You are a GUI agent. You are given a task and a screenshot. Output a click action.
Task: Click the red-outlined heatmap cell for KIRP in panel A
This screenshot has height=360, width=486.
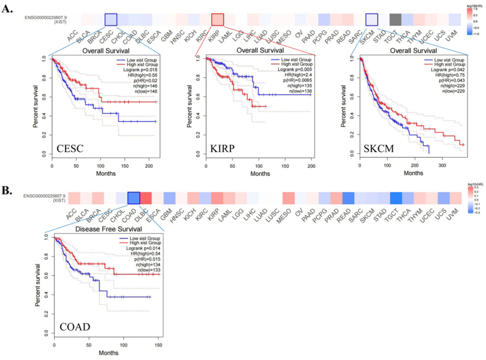217,20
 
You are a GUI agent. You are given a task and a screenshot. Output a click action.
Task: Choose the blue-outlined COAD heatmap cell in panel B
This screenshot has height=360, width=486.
134,198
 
